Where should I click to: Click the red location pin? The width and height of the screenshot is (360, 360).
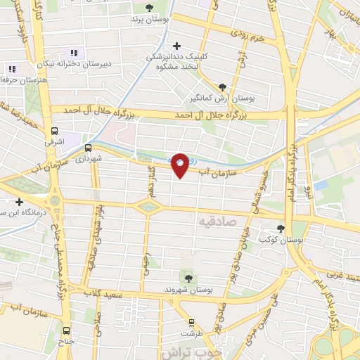tap(180, 165)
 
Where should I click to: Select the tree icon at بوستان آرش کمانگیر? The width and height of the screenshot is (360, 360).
tap(223, 87)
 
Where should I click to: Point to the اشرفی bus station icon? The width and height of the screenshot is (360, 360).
tap(54, 131)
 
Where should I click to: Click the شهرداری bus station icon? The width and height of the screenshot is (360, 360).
tap(89, 148)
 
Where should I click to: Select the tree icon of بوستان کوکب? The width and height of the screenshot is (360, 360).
tap(281, 229)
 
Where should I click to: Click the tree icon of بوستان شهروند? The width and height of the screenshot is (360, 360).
tap(187, 277)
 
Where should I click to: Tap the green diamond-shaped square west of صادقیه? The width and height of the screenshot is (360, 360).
tap(148, 206)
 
